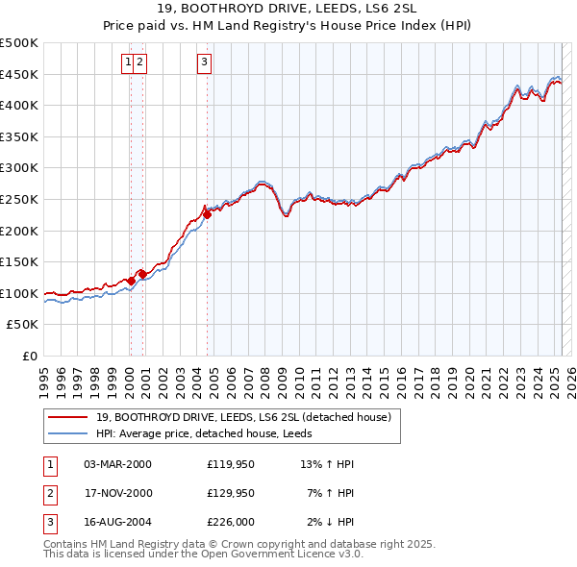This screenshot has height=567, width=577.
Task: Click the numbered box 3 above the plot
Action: pos(205,62)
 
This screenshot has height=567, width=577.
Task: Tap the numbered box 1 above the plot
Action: pos(128,62)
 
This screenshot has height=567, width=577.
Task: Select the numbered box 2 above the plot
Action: pos(139,62)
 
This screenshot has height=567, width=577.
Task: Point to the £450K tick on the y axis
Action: pos(20,74)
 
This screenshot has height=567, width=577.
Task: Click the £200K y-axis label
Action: pos(20,231)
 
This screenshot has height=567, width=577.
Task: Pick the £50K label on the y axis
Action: pos(24,325)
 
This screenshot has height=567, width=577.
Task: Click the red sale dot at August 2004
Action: pos(207,215)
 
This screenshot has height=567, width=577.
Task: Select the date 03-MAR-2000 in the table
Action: pos(118,464)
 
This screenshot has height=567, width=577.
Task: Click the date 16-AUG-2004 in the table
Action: pos(118,523)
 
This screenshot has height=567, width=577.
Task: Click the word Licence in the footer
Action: pos(293,555)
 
